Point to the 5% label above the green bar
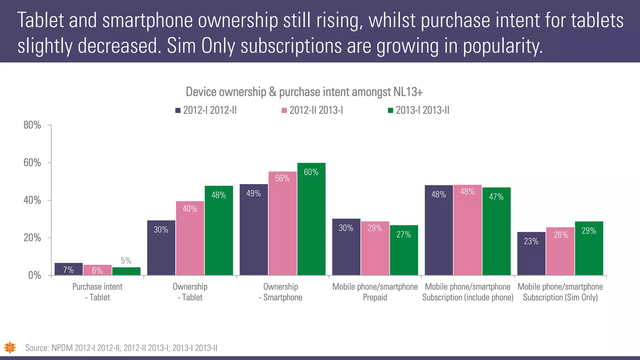pos(126,261)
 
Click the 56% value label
pos(282,178)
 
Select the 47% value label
pos(496,197)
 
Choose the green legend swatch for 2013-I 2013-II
pos(390,110)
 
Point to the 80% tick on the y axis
pos(32,125)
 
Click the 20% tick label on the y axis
pos(32,238)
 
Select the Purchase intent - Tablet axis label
pos(97,292)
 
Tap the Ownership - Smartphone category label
pos(280,292)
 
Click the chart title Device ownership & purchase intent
pos(304,92)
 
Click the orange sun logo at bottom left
pos(10,347)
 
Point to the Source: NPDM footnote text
pos(121,348)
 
